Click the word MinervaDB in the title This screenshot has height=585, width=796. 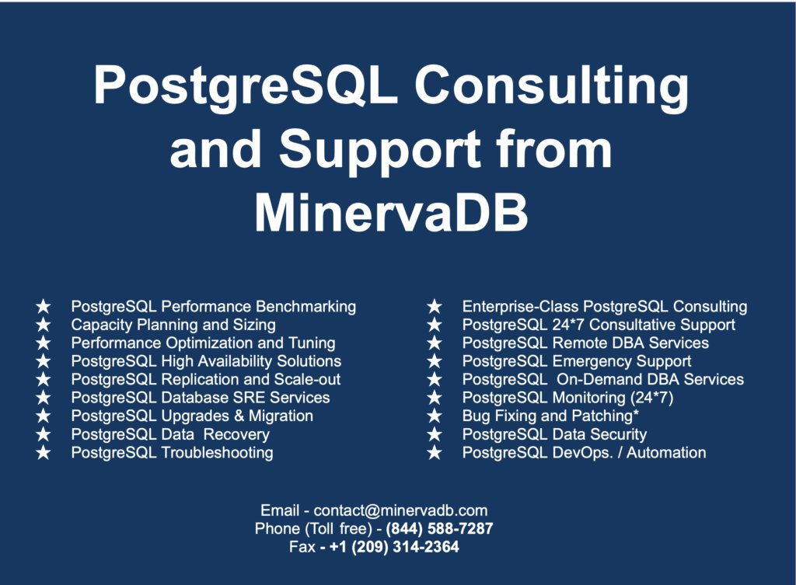[391, 211]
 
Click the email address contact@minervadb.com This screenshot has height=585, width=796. [400, 510]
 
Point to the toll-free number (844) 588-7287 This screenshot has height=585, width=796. [439, 529]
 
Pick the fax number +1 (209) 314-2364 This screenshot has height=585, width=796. [394, 547]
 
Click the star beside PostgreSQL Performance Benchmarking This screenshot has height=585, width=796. [44, 307]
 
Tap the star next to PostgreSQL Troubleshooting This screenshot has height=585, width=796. [44, 453]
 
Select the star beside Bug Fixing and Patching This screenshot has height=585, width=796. [435, 416]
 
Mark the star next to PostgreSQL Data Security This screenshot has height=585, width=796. [435, 435]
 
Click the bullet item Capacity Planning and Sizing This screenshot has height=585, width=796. [173, 325]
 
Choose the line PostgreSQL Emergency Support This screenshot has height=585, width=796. [577, 361]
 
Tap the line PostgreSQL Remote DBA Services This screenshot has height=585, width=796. [585, 343]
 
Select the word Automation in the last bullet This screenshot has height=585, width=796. [667, 453]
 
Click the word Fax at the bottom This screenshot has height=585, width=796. [302, 547]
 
